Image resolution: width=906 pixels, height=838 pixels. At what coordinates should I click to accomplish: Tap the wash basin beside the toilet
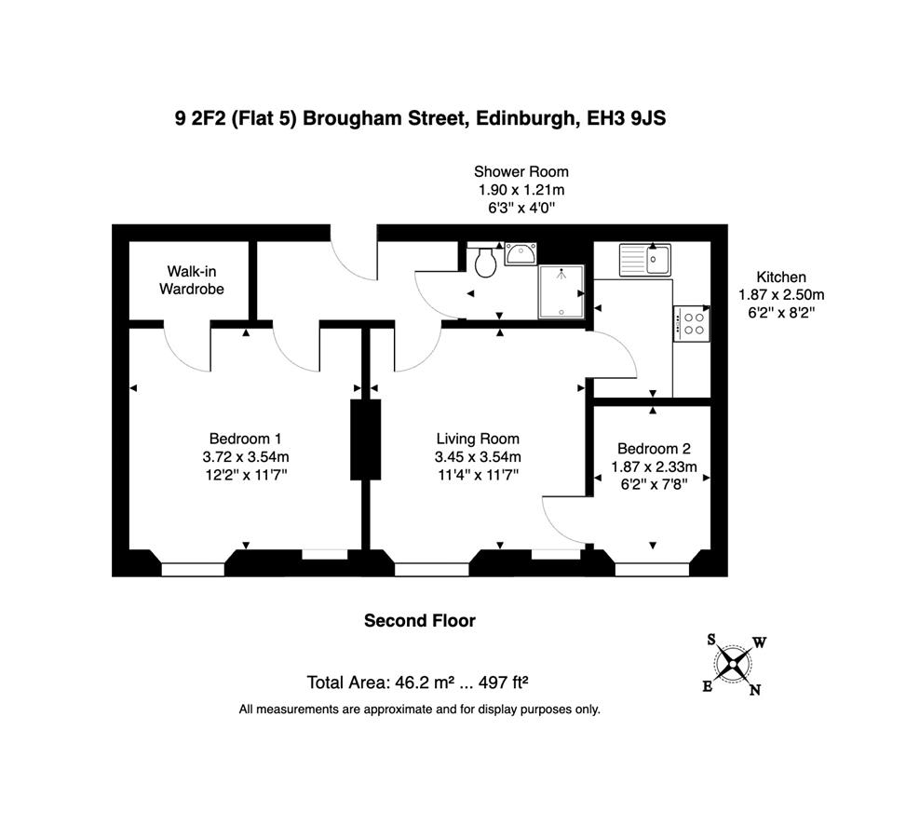(x=520, y=253)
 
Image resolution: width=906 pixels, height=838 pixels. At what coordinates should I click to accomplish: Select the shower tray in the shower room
(x=561, y=291)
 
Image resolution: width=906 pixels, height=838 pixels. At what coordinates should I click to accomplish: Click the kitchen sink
(x=645, y=259)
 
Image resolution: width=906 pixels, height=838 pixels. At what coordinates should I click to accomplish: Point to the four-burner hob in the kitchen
(x=692, y=324)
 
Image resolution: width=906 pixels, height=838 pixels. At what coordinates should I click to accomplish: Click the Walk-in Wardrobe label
(x=192, y=279)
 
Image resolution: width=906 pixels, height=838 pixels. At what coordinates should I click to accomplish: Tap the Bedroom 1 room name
(x=246, y=439)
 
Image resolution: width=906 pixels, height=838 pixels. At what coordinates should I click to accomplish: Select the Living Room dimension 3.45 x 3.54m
(x=478, y=457)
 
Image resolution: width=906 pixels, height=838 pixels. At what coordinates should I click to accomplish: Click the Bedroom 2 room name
(x=654, y=449)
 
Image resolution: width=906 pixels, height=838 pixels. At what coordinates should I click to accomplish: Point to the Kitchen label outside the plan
(x=781, y=277)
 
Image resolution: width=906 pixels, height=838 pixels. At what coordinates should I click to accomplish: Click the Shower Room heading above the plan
(x=521, y=171)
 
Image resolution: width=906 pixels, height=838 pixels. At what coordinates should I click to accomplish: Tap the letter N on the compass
(x=754, y=690)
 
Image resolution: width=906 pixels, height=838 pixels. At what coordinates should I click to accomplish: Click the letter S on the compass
(x=711, y=639)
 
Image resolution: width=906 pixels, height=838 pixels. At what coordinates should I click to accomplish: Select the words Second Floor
(x=420, y=621)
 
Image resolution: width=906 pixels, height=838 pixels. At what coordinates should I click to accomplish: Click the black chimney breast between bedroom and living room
(x=366, y=439)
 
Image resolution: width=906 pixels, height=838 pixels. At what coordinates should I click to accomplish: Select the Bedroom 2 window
(x=653, y=570)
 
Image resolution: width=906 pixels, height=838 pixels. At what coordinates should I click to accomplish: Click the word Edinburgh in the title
(x=524, y=119)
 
